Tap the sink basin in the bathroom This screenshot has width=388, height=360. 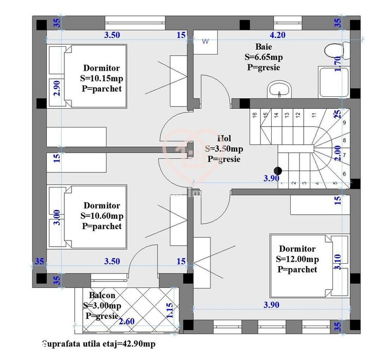pos(279,89)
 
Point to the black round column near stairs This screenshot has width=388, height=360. pos(278,170)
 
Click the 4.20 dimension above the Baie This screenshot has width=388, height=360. pos(277,36)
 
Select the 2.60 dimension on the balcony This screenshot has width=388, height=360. pos(127,322)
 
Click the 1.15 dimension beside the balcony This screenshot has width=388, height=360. pos(170,311)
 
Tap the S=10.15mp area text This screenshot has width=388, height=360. pos(102,78)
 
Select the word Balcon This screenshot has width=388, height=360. pos(102,296)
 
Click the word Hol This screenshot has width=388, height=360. pos(224,138)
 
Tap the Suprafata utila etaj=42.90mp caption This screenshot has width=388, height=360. pos(99,344)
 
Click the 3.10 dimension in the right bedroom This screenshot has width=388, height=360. pos(338,263)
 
